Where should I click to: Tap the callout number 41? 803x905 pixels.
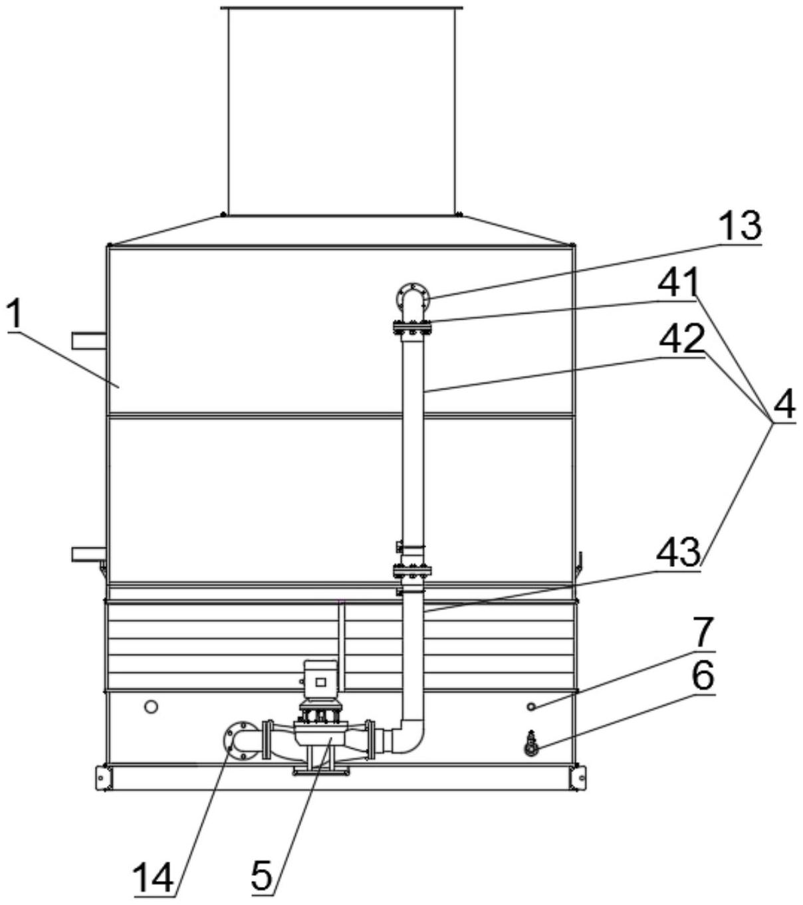click(678, 282)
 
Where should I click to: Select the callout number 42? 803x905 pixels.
click(681, 338)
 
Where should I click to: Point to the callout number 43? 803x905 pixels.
click(678, 553)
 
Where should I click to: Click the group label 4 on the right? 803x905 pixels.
click(784, 404)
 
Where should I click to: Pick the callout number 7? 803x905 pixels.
click(703, 632)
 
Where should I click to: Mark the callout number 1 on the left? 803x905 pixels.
click(15, 314)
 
